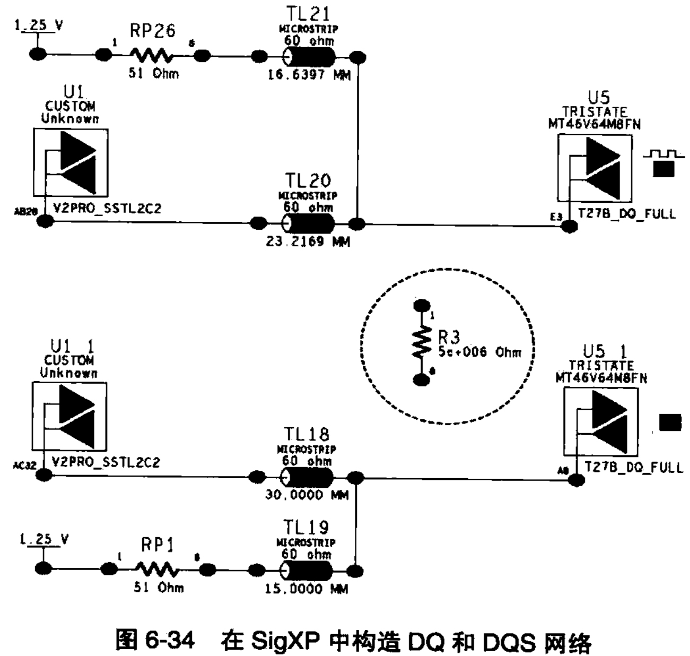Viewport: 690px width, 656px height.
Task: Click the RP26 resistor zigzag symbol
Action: pyautogui.click(x=151, y=55)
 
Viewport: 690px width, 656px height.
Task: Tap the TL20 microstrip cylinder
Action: pyautogui.click(x=308, y=223)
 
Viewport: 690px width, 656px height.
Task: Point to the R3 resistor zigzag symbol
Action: pyautogui.click(x=422, y=342)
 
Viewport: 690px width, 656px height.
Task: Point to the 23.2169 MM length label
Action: pyautogui.click(x=308, y=242)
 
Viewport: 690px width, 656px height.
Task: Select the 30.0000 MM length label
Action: pyautogui.click(x=307, y=495)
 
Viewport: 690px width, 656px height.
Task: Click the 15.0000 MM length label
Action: pyautogui.click(x=307, y=589)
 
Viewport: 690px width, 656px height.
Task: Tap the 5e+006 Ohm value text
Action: pyautogui.click(x=479, y=352)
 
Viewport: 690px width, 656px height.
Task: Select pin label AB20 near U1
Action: pyautogui.click(x=25, y=211)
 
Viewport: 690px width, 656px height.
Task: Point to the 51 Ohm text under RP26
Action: pyautogui.click(x=154, y=73)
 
